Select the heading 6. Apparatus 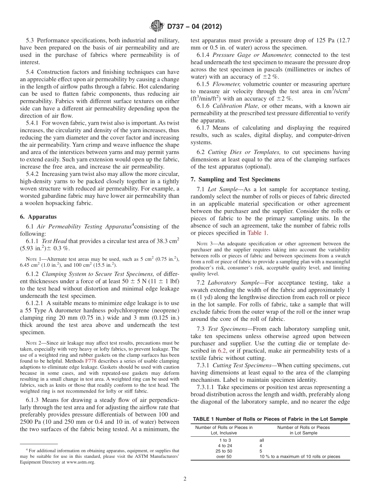(x=38, y=216)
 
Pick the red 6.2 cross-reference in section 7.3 (x=222, y=351)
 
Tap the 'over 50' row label (x=224, y=456)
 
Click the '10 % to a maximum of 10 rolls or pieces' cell (x=300, y=456)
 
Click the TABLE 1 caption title (x=270, y=419)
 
